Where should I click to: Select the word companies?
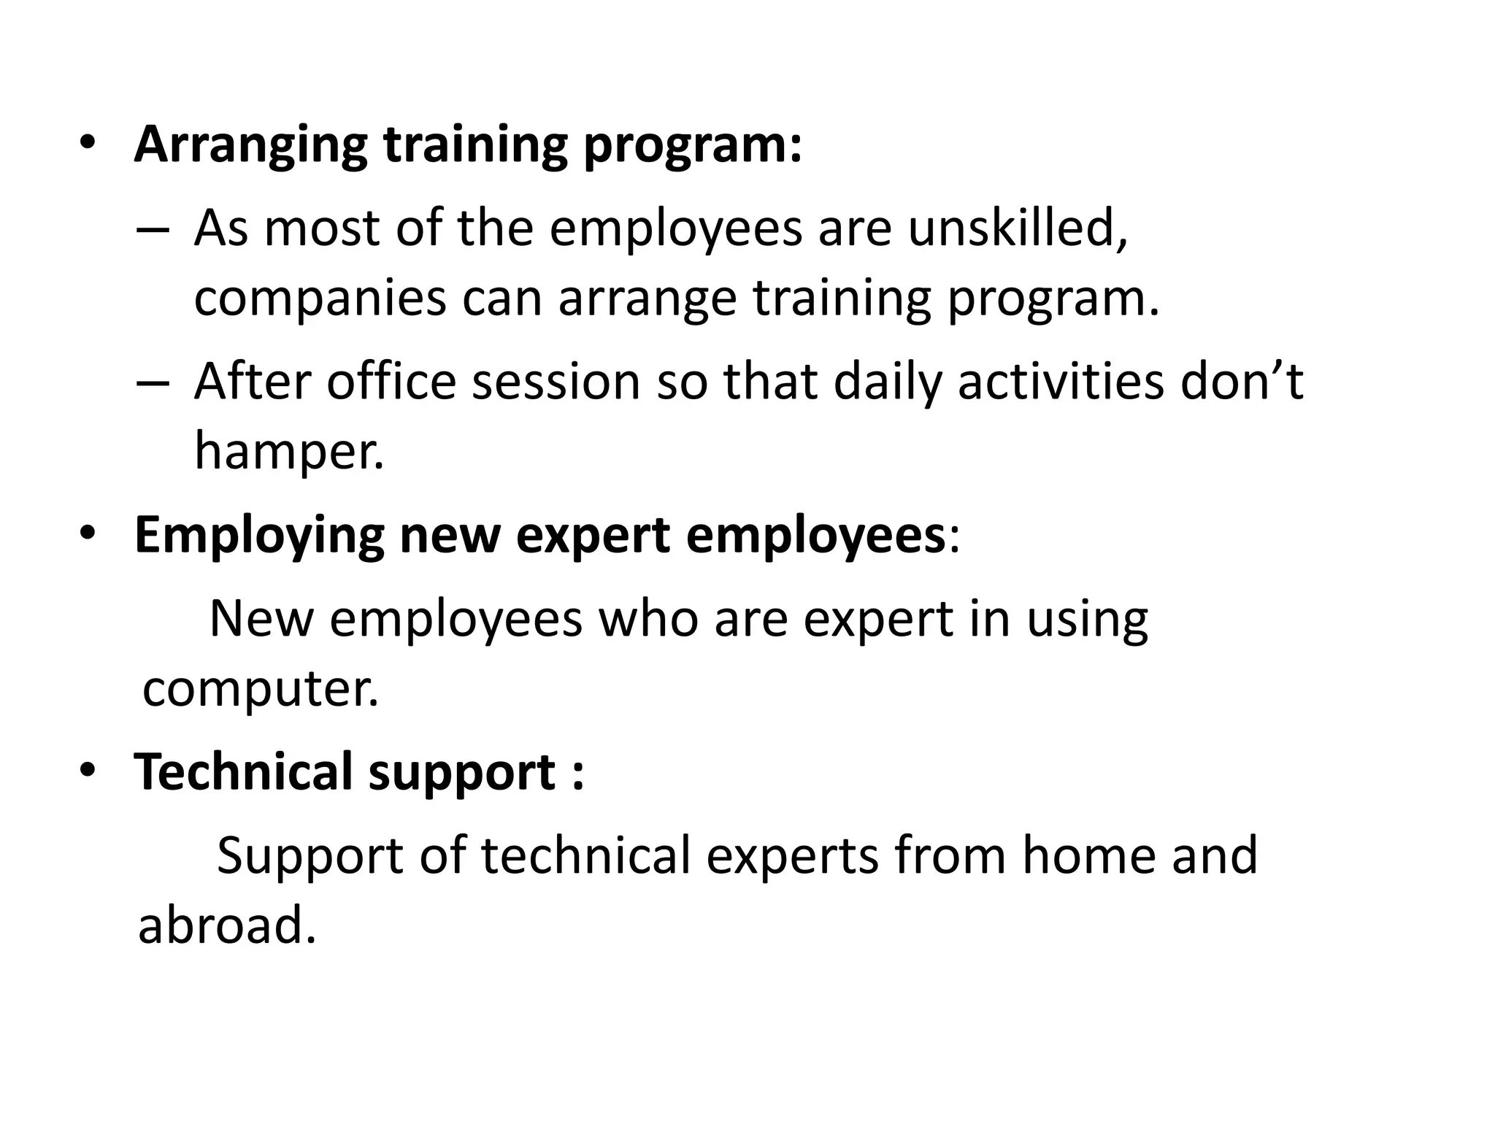click(320, 298)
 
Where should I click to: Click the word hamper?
click(288, 451)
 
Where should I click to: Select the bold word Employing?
click(259, 536)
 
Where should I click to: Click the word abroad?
click(227, 925)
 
